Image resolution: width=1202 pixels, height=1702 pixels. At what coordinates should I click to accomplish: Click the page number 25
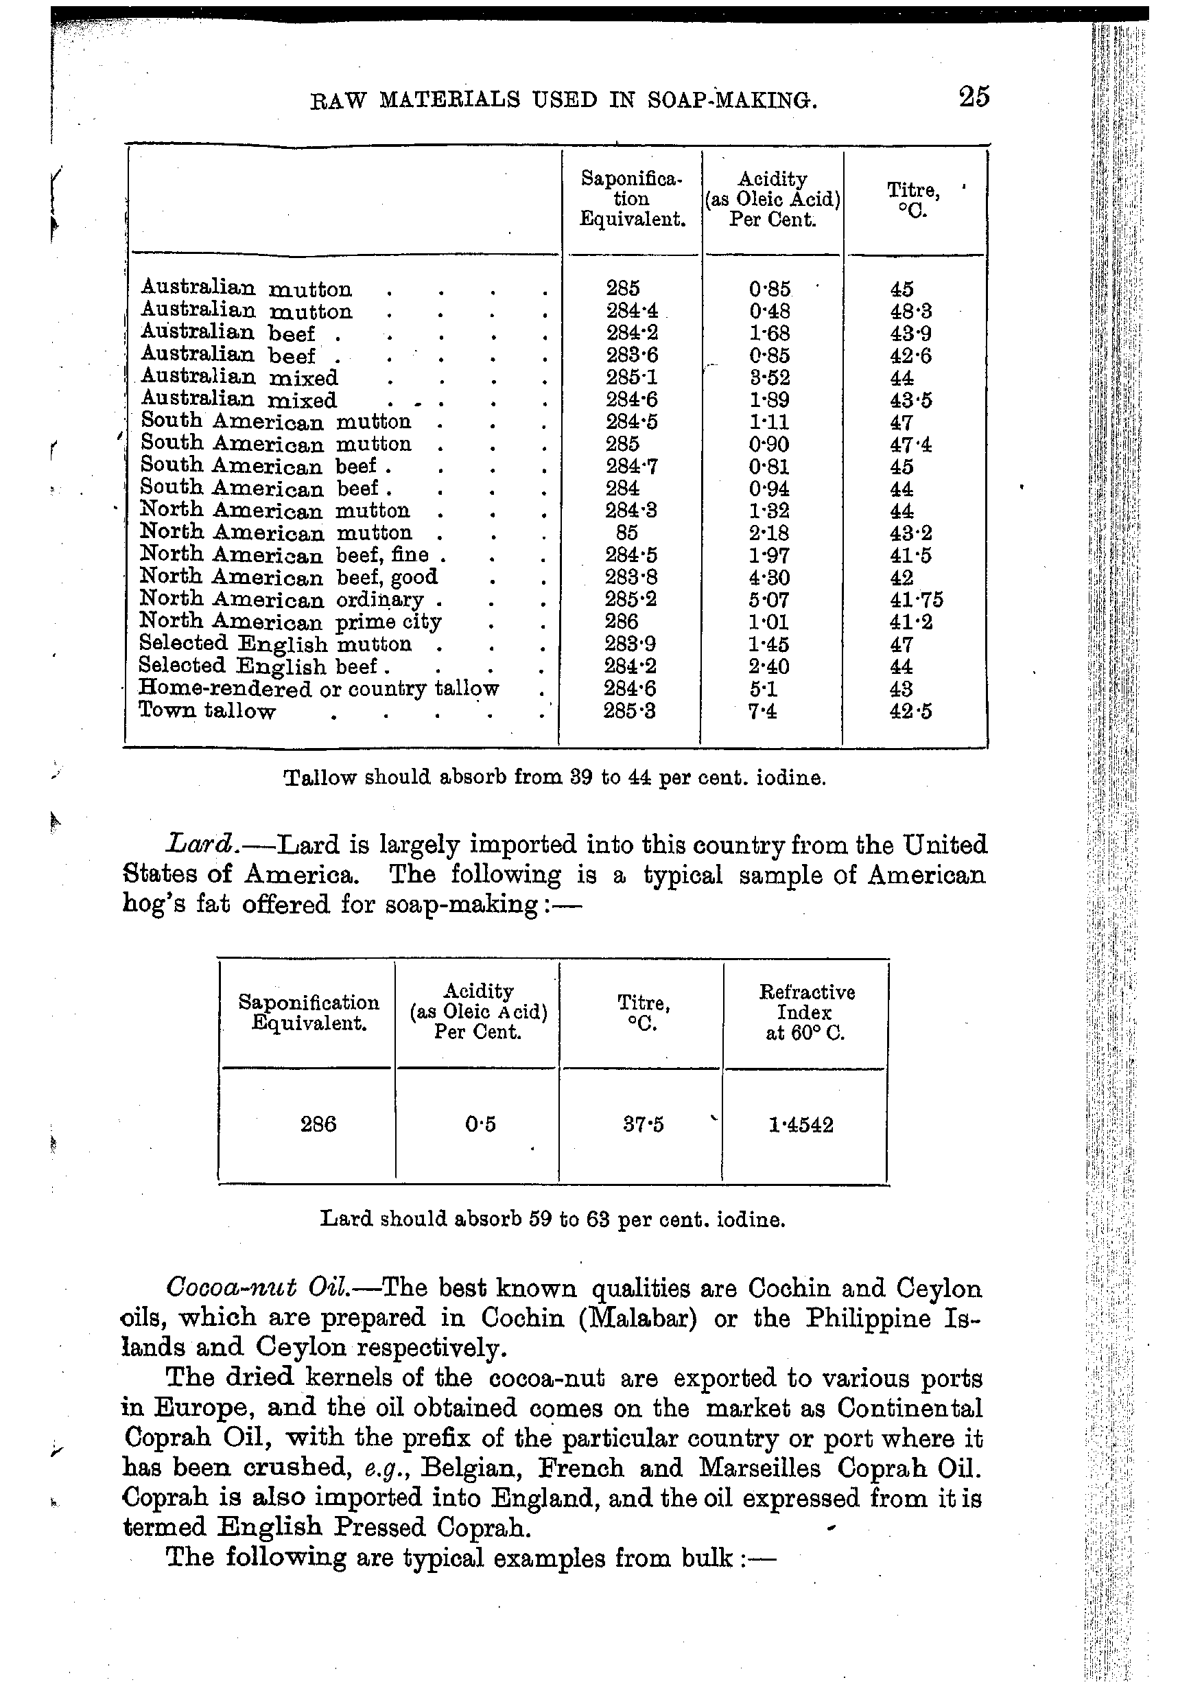(x=974, y=97)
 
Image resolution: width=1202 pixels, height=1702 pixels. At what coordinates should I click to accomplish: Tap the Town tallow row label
(x=207, y=711)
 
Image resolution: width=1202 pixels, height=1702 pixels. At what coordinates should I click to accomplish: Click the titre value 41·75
(x=916, y=600)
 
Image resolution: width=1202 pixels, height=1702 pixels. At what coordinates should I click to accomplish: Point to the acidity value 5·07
(x=768, y=600)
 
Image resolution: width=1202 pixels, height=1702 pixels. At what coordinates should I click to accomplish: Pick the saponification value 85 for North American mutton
(x=626, y=533)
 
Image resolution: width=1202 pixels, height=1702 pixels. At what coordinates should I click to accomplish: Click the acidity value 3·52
(x=768, y=377)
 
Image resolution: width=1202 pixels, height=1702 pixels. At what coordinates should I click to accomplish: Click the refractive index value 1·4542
(x=801, y=1125)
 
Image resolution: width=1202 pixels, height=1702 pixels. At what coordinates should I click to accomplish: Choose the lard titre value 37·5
(x=644, y=1125)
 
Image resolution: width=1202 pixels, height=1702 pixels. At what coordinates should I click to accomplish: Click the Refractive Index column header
(x=806, y=1012)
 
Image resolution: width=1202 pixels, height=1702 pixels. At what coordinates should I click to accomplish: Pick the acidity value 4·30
(x=768, y=577)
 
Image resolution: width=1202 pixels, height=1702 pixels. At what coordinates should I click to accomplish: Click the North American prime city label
(x=290, y=621)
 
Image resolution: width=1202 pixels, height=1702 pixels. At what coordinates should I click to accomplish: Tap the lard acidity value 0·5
(x=480, y=1125)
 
